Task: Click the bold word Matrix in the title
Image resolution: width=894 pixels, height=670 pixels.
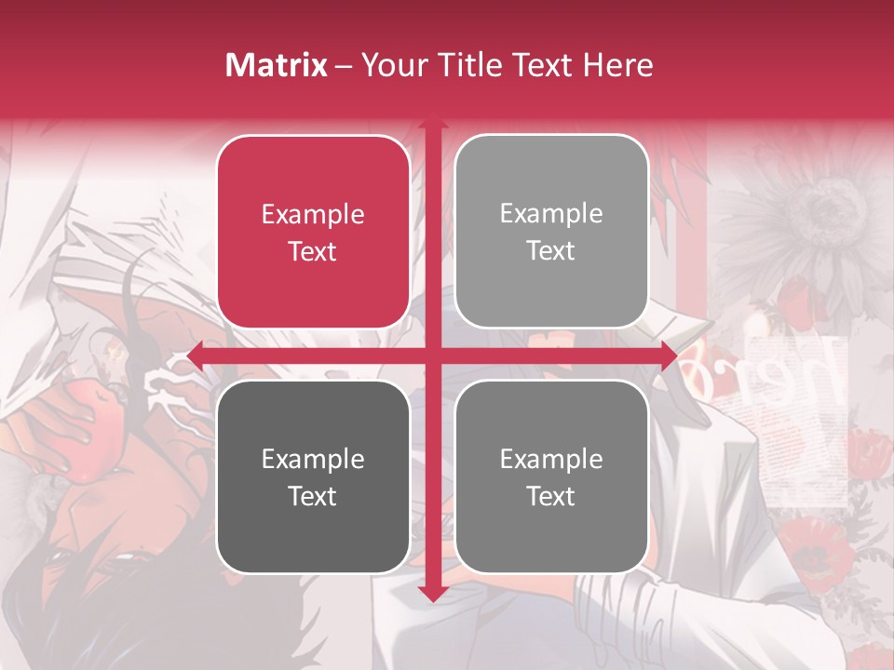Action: tap(277, 65)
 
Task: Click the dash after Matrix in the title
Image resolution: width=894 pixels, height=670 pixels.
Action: tap(344, 66)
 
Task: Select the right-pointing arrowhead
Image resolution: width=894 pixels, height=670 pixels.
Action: tap(669, 355)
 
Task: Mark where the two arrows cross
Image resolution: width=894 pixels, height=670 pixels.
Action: tap(432, 355)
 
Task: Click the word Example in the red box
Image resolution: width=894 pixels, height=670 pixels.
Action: tap(313, 214)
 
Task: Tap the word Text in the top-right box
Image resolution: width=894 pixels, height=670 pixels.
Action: tap(551, 250)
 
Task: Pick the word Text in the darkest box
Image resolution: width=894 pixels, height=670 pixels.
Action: tap(313, 496)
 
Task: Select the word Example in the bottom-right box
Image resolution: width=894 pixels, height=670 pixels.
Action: tap(551, 459)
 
